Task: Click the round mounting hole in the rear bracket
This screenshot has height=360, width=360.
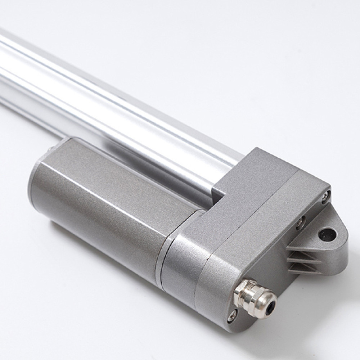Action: (x=328, y=234)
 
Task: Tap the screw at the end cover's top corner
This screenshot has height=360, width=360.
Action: (x=325, y=195)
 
